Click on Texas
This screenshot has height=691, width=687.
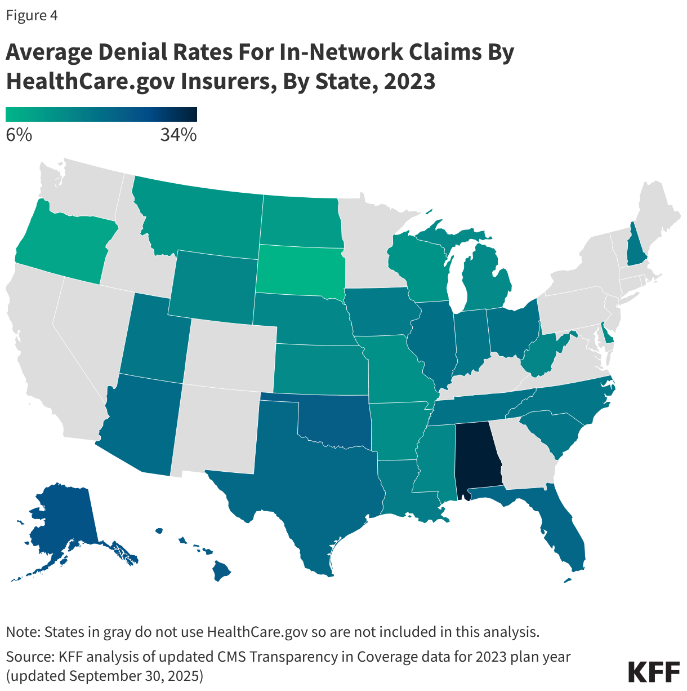(x=315, y=485)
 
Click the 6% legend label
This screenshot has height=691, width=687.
(x=19, y=135)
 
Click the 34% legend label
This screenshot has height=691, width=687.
(x=179, y=135)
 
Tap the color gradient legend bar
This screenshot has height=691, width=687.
(x=101, y=114)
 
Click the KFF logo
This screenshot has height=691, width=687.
(x=653, y=672)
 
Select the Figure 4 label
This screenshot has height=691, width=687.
(x=32, y=15)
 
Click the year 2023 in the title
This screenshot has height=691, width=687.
(x=409, y=81)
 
